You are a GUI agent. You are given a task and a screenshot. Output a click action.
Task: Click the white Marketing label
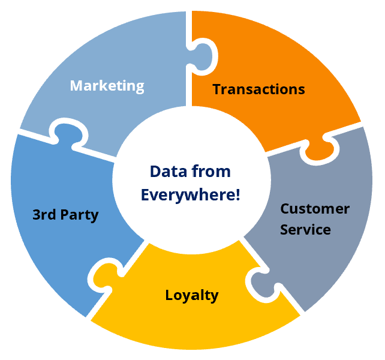pos(107,85)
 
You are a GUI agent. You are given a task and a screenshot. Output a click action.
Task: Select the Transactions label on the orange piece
pos(258,89)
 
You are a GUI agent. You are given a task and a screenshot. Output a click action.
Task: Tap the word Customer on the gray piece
pos(315,209)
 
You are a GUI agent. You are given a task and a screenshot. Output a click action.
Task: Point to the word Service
pos(306,229)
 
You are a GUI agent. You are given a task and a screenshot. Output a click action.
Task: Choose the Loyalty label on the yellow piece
pos(192,295)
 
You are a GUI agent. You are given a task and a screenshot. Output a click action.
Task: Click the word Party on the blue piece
pos(82,214)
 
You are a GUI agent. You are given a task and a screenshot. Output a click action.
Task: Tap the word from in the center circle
pos(214,172)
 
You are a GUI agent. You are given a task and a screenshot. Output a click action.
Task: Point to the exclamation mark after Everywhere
pos(237,195)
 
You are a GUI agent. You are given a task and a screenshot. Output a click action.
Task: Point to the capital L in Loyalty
pos(169,295)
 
